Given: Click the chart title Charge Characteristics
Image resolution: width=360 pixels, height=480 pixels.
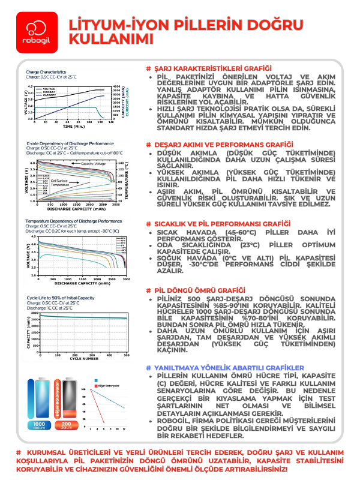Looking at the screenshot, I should [x=46, y=72].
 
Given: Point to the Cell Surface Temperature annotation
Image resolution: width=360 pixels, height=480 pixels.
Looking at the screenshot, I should [x=59, y=183].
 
